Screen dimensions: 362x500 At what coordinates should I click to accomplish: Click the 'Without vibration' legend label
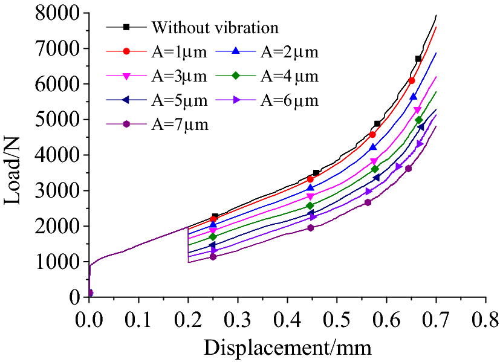pos(215,28)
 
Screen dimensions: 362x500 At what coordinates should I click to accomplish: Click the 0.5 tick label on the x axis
pos(337,318)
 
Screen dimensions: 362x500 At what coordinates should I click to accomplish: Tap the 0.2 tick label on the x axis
pos(188,318)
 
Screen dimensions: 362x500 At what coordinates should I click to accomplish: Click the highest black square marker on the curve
pos(418,59)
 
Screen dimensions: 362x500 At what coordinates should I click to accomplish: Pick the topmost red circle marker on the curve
pos(412,80)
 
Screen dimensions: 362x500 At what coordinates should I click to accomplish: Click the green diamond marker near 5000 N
pos(419,120)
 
